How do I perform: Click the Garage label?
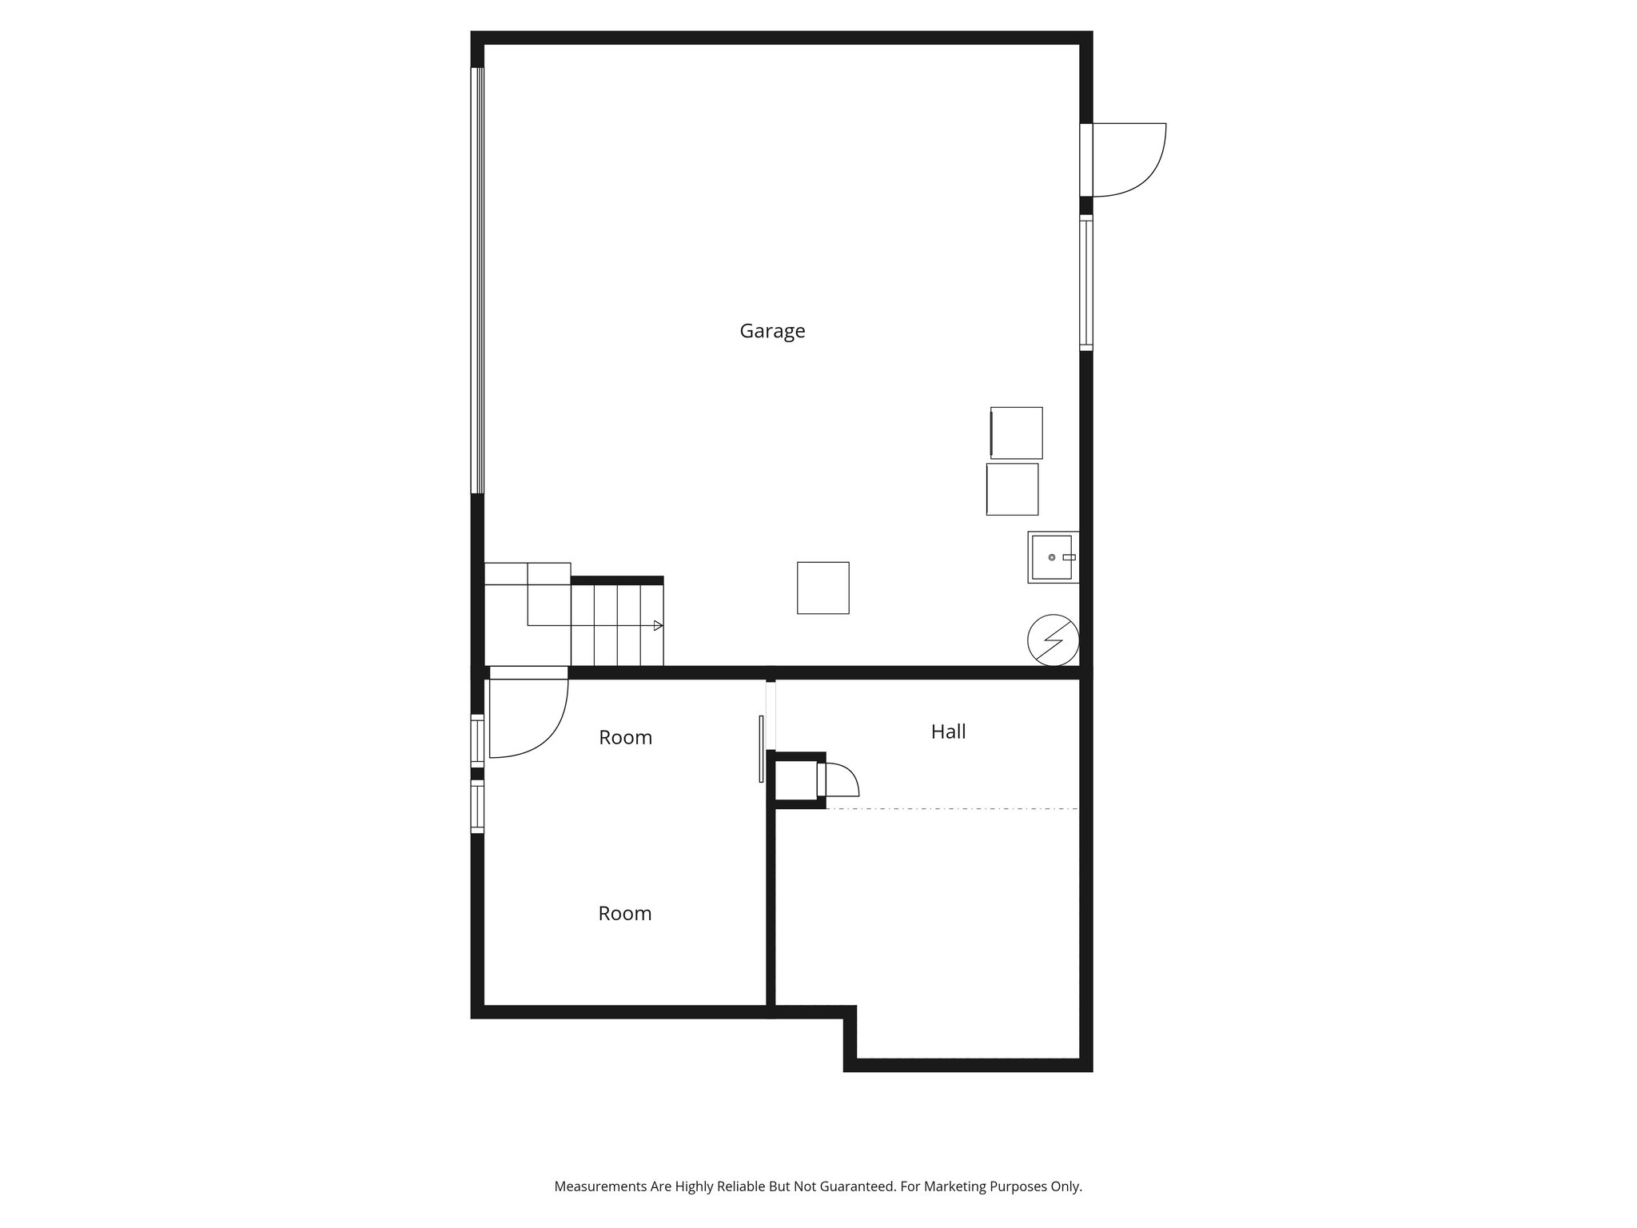coord(772,331)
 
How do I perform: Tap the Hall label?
coord(948,732)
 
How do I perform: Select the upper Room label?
coord(625,737)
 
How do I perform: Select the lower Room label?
coord(624,913)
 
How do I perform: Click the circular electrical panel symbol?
coord(1053,640)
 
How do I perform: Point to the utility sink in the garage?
coord(1052,557)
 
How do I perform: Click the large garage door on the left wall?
coord(477,280)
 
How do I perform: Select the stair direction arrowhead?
coord(658,625)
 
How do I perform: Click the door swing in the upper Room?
coord(528,716)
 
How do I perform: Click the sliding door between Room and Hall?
coord(761,748)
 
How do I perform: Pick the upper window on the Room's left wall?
coord(477,740)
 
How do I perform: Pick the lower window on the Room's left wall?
coord(477,807)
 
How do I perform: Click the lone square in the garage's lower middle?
coord(822,588)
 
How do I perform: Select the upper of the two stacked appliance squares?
coord(1016,433)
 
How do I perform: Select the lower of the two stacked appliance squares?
coord(1012,489)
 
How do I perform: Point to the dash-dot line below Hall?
coord(951,809)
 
